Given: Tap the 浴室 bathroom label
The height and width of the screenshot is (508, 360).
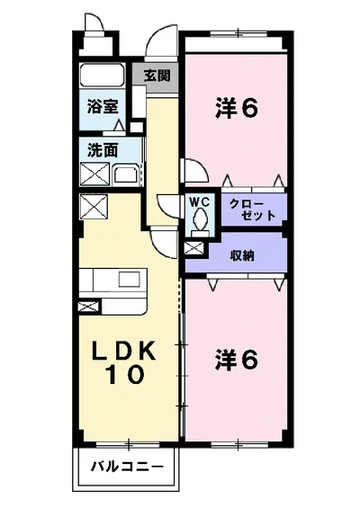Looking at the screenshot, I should point(102,106).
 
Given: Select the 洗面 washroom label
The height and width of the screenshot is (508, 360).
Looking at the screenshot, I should point(102,150).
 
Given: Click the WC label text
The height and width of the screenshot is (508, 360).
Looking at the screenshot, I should point(199,201).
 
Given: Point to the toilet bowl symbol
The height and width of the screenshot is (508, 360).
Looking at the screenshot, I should point(200,219).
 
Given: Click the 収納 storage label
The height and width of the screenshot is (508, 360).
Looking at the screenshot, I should point(241,254).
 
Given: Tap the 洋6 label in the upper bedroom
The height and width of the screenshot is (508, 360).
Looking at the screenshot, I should point(237,107).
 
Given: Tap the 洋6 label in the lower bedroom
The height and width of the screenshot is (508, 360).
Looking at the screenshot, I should point(237,359).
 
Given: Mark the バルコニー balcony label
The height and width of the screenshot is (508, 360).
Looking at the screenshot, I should point(127,468).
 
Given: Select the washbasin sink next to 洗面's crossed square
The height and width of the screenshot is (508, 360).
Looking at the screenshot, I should point(124,174).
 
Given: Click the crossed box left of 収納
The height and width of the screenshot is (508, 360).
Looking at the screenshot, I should point(193,246).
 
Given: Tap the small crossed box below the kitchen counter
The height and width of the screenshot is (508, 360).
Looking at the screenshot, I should point(87,307).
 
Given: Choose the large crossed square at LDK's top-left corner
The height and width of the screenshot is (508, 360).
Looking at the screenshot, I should point(93,208).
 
